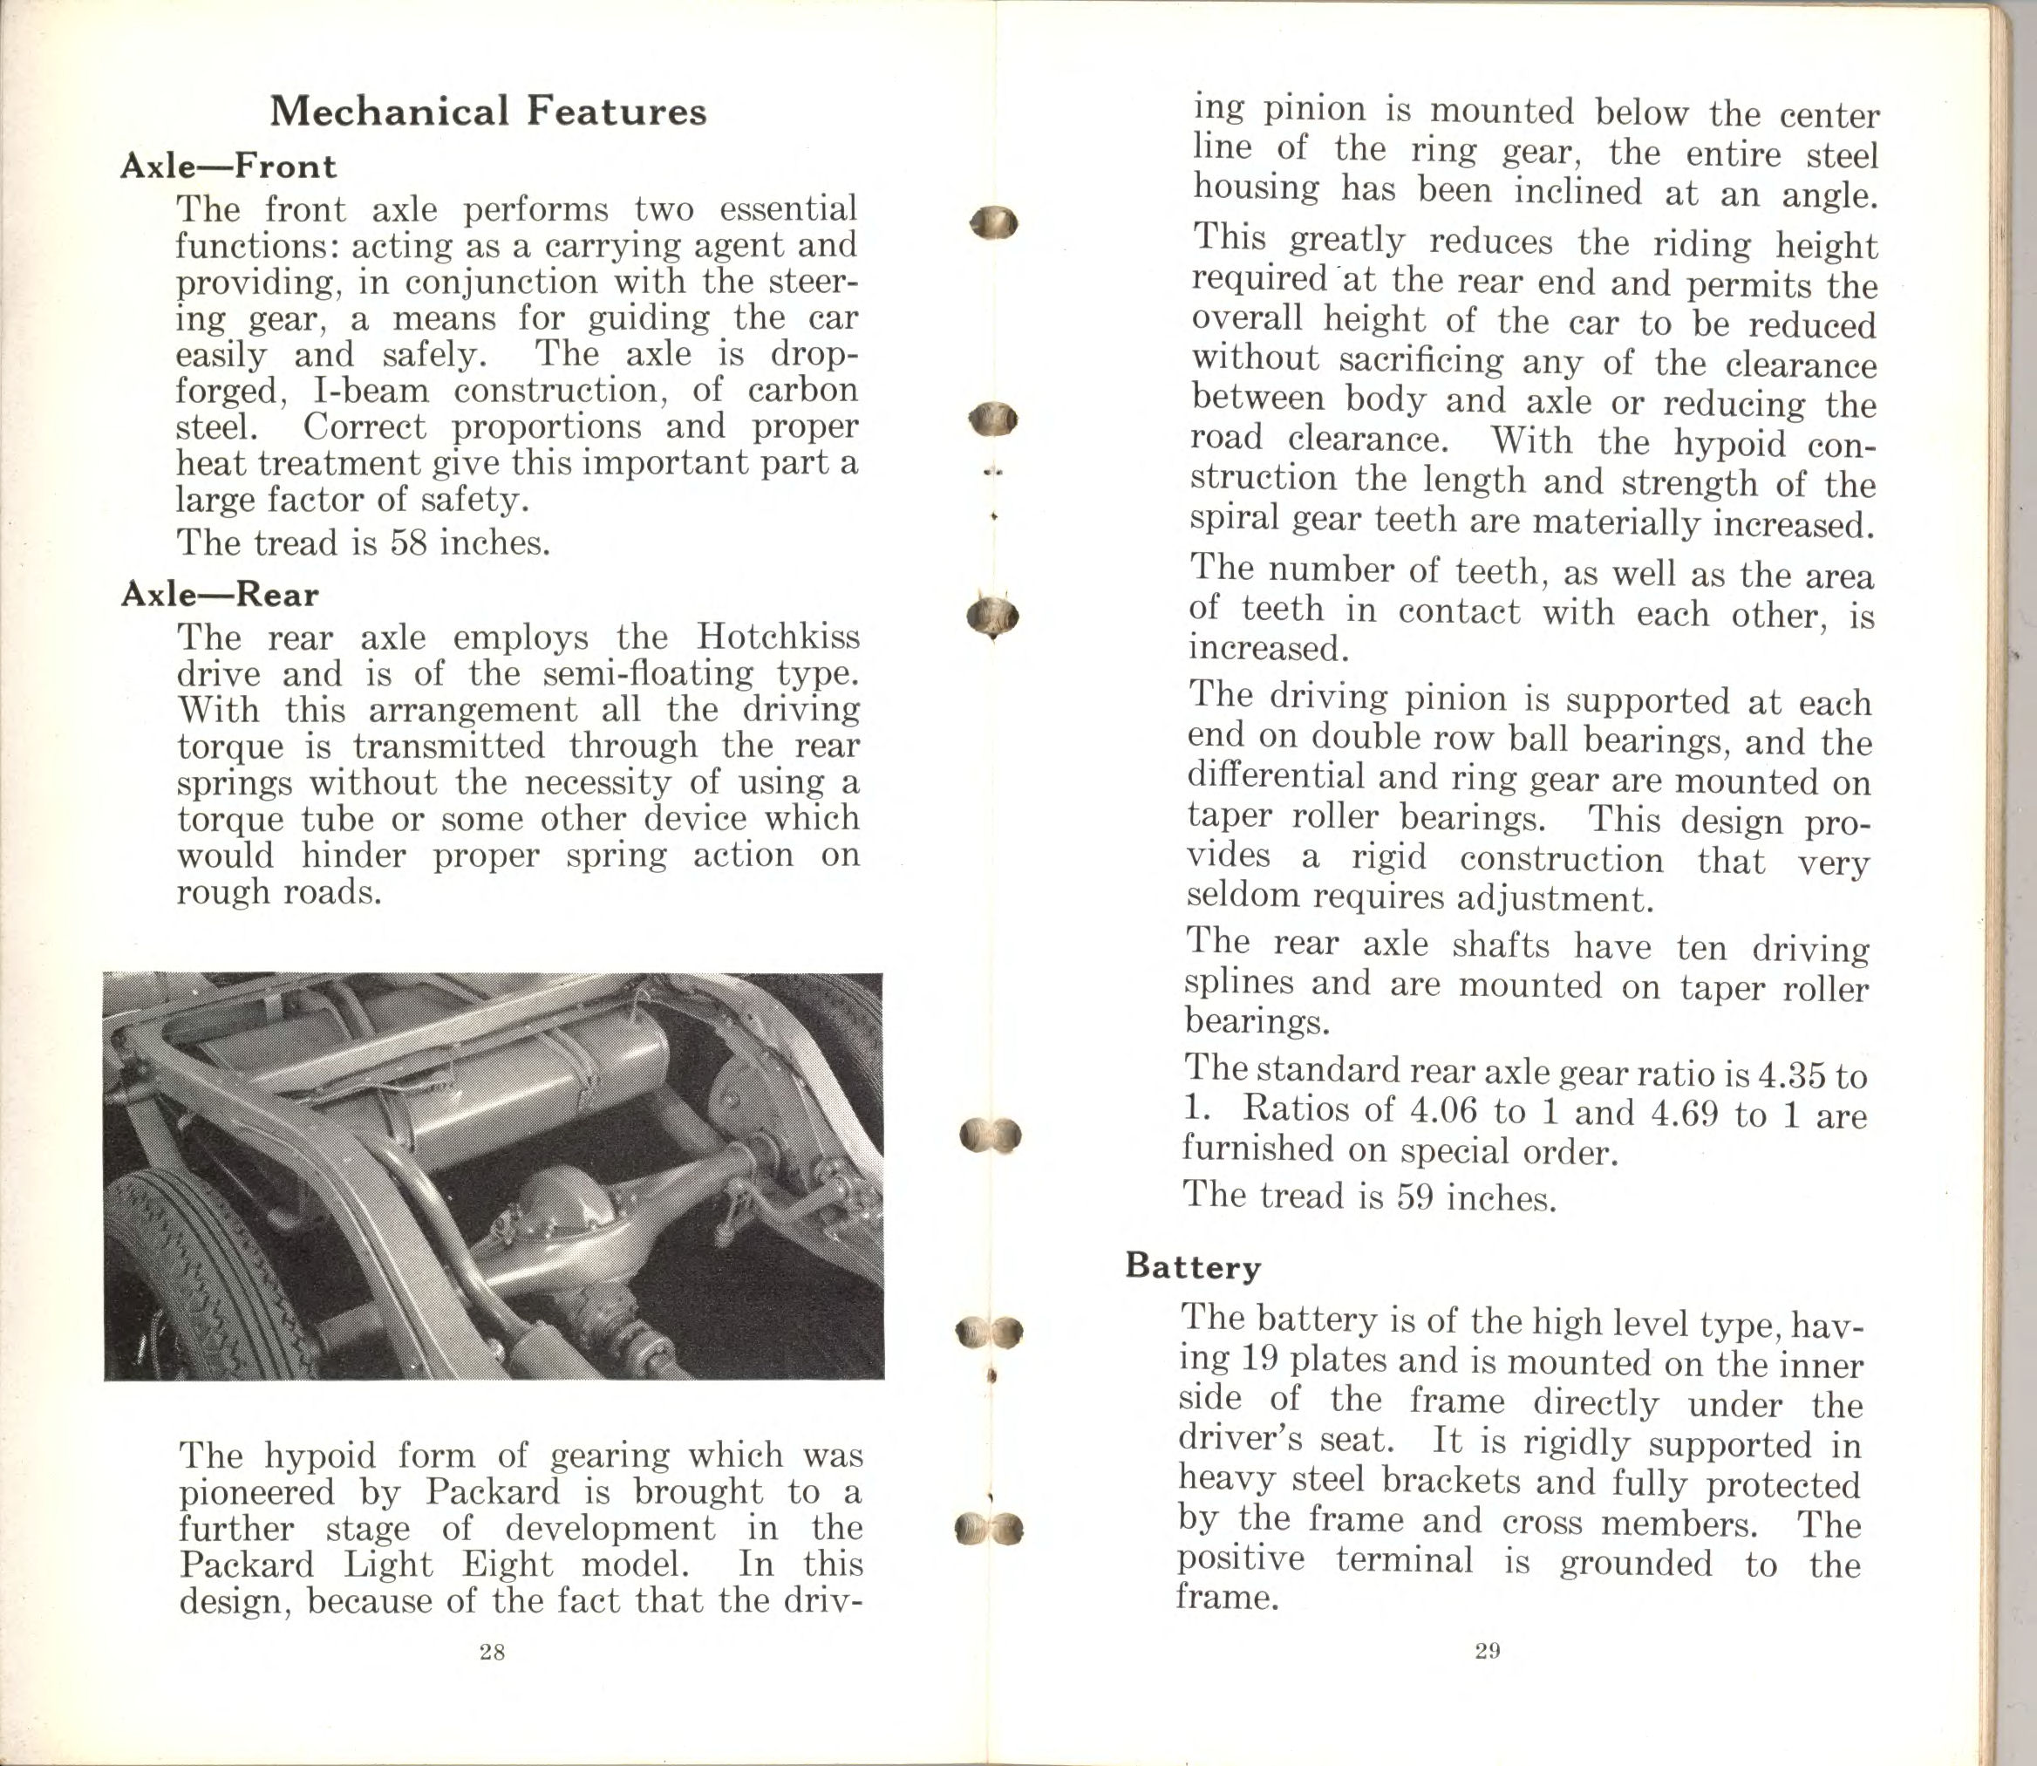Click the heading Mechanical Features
click(x=487, y=112)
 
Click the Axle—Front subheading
click(x=228, y=166)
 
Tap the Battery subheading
click(x=1192, y=1265)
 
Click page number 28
click(x=492, y=1653)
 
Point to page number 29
click(x=1487, y=1652)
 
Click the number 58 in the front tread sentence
click(x=408, y=543)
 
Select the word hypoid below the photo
click(x=320, y=1456)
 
